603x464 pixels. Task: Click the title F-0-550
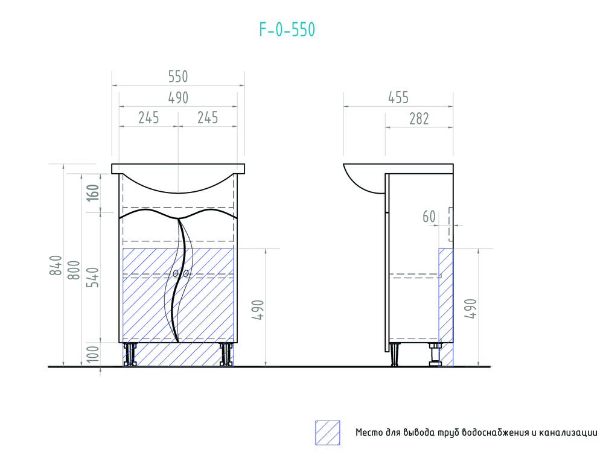point(287,30)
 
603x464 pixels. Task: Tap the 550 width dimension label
point(178,77)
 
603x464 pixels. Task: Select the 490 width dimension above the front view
point(178,98)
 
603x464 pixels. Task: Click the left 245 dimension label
point(149,118)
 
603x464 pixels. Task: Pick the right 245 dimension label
point(208,118)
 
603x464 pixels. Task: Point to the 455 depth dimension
point(398,98)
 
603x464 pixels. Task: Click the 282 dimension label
point(419,119)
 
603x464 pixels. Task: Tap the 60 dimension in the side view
point(429,217)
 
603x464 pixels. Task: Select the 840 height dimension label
point(56,265)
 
